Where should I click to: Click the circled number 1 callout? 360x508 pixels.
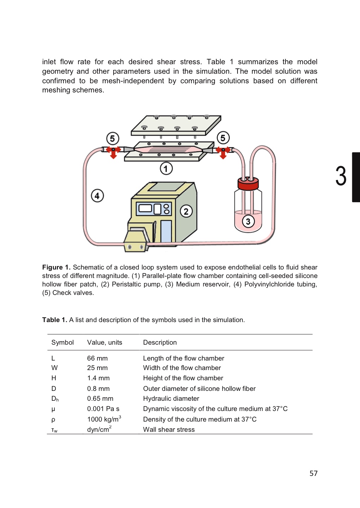(166, 169)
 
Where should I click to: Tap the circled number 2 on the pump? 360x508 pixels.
(186, 211)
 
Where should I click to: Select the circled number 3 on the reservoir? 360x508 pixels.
(248, 222)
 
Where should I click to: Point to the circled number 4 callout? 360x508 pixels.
(97, 195)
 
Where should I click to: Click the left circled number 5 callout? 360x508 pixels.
(113, 138)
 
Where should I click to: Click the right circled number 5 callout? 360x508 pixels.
(223, 138)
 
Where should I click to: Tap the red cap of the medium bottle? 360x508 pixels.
(248, 184)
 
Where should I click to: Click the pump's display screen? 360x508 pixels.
(145, 208)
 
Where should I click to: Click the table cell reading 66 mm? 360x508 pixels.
(97, 358)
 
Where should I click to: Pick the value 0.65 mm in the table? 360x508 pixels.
(100, 399)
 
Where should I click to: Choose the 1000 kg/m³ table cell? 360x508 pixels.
(104, 419)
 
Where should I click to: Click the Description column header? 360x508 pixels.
(160, 343)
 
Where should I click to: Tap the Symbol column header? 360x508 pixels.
(62, 343)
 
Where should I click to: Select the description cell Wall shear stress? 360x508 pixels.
(169, 430)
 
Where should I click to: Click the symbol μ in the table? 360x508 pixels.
(53, 409)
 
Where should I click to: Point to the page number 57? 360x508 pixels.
(313, 473)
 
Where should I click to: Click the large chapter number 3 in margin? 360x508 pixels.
(341, 176)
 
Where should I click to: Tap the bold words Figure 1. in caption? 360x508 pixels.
(56, 267)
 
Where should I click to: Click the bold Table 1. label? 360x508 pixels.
(54, 320)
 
